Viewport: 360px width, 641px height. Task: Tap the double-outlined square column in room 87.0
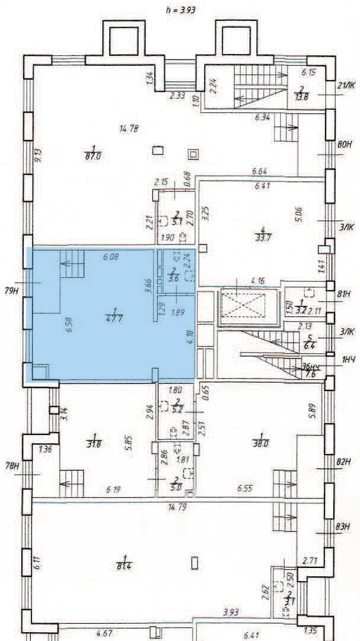[193, 154]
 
